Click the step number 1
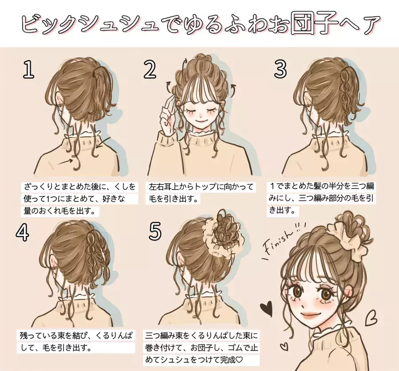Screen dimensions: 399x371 pyautogui.click(x=28, y=70)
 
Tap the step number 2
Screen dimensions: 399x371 pyautogui.click(x=150, y=70)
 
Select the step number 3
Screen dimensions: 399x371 pyautogui.click(x=280, y=69)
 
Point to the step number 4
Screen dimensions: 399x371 pyautogui.click(x=22, y=233)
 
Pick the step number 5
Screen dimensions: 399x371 pyautogui.click(x=155, y=231)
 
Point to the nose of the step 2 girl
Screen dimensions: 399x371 pyautogui.click(x=201, y=116)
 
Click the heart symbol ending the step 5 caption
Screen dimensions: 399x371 pyautogui.click(x=239, y=360)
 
